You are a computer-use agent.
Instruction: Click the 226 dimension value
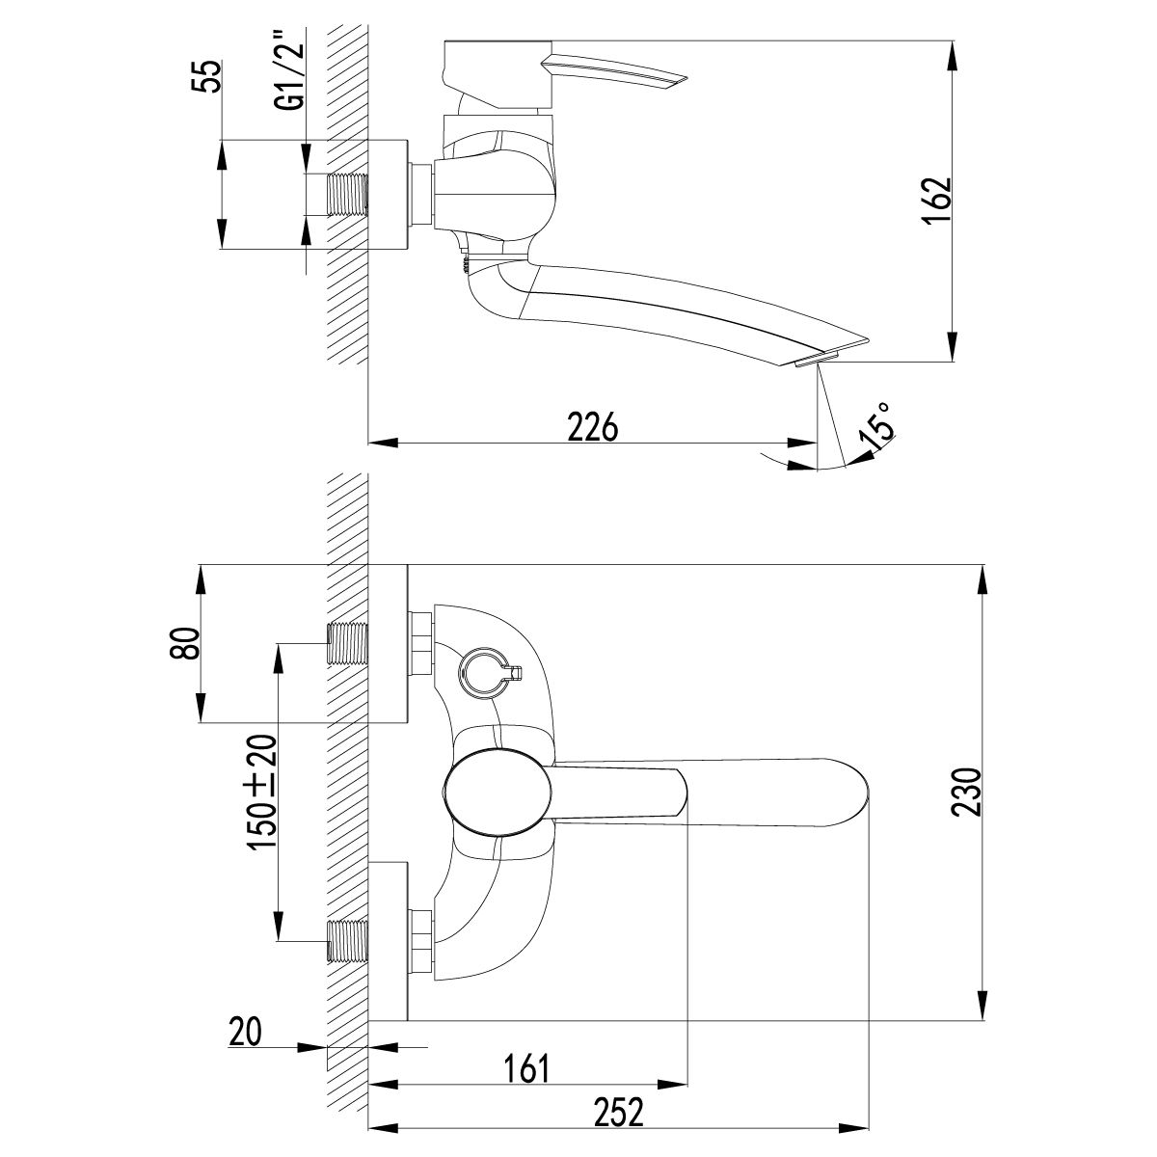coord(593,427)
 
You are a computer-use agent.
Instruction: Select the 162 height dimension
coord(936,201)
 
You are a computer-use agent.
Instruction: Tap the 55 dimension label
coord(206,76)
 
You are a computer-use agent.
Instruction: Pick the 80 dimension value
coord(184,643)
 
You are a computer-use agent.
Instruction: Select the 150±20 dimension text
coord(262,791)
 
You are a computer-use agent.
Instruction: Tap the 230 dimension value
coord(966,792)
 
